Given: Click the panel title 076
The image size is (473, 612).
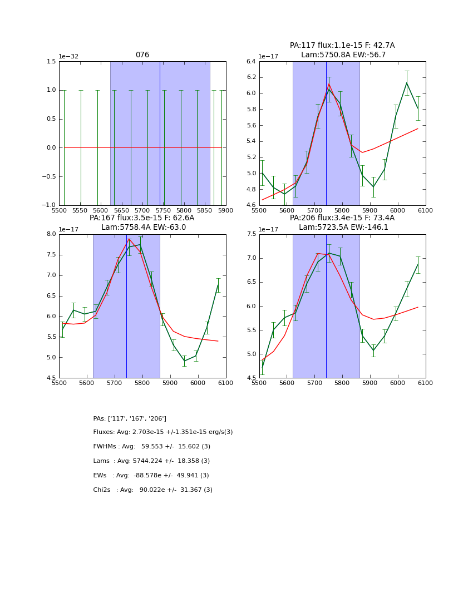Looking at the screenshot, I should coord(142,55).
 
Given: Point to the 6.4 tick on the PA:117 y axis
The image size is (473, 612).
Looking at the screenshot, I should coord(250,61).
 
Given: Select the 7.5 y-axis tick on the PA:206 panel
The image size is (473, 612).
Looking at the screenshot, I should coord(250,234).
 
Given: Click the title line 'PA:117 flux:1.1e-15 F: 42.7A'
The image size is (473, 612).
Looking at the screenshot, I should coord(342,46).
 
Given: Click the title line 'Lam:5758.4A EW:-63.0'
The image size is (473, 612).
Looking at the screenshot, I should coord(144,228).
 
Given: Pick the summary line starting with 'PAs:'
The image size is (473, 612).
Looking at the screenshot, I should coord(130,418).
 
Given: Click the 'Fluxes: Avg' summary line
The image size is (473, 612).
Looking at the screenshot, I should coord(163,432).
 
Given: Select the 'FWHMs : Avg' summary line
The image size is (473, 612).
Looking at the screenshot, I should coord(152,447).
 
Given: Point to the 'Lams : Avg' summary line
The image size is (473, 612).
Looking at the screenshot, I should coord(152,461).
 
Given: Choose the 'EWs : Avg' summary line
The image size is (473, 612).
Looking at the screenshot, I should coord(151,476).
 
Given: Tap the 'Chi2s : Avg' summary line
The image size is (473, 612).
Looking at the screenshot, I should coord(153,490).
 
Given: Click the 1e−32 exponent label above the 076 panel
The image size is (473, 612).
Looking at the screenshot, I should coord(68,56).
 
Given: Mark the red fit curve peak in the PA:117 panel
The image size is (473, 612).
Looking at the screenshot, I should coord(329,84).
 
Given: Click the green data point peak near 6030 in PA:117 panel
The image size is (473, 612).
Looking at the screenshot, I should coord(407,83).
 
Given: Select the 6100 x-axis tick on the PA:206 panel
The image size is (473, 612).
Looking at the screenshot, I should coord(426,383).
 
